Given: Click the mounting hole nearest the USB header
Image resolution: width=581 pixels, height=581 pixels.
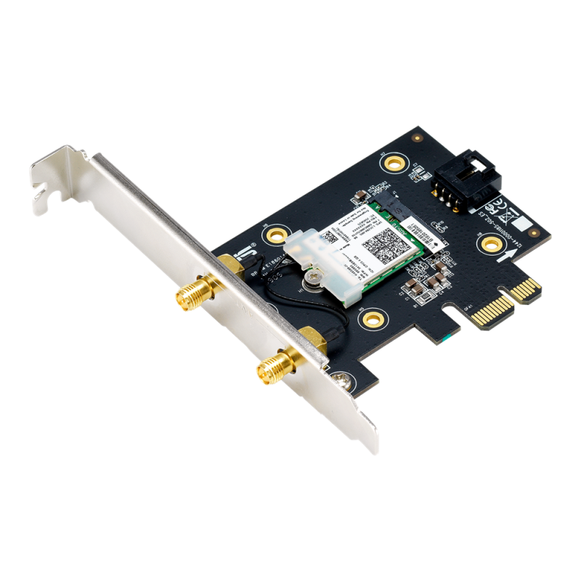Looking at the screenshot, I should [397, 161].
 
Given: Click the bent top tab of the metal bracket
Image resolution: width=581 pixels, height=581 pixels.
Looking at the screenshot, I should [54, 171].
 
